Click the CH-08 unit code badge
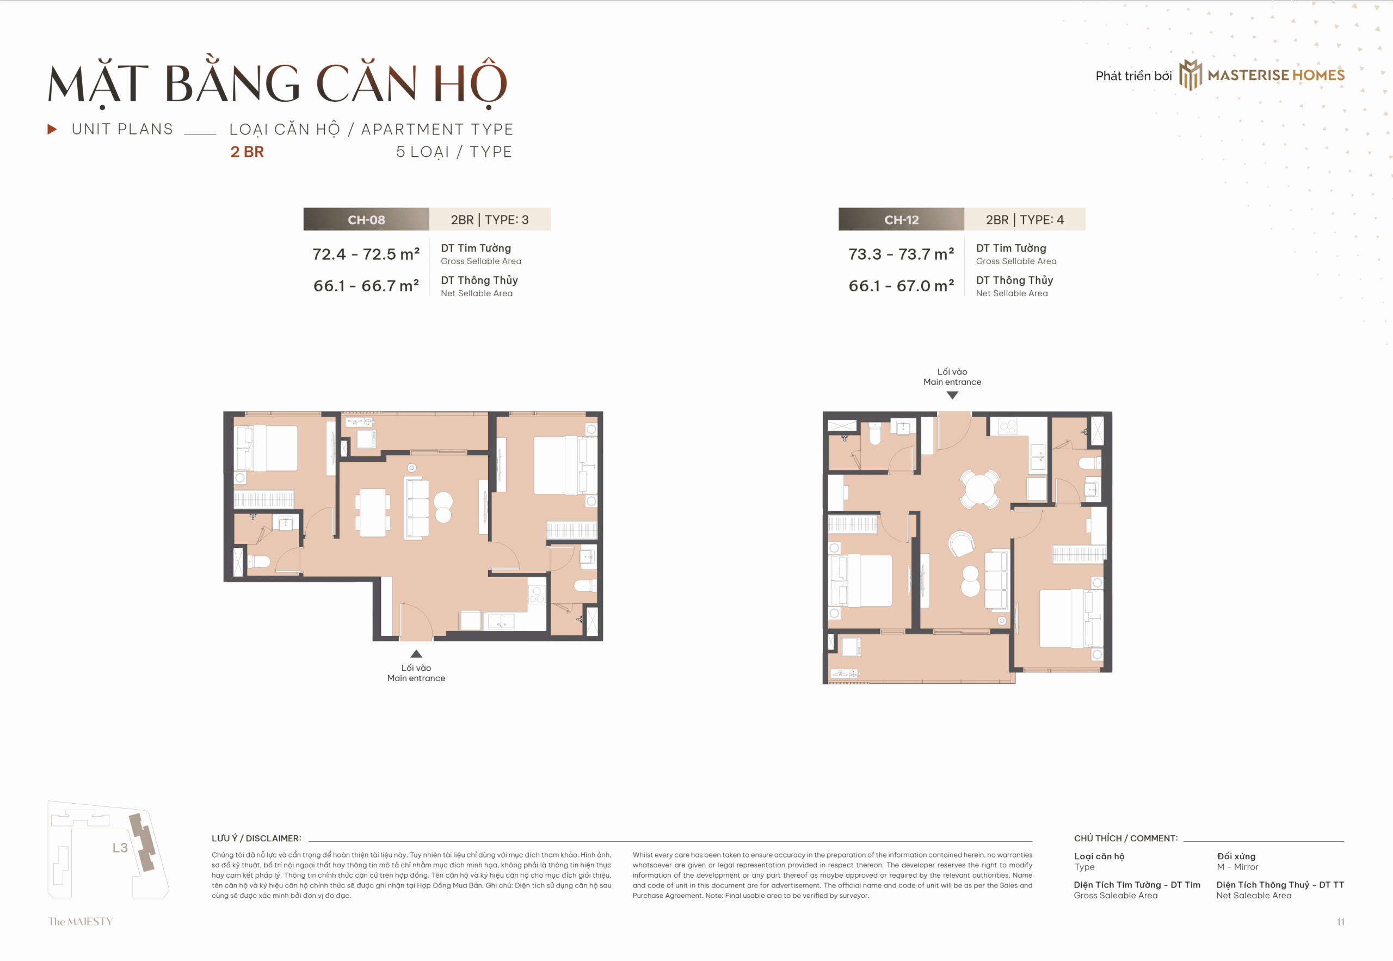point(366,219)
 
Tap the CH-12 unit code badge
point(902,219)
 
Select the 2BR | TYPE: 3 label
point(490,219)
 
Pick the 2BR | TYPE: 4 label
point(1025,219)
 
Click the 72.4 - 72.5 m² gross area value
point(366,254)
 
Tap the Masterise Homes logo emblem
point(1190,75)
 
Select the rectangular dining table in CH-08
point(373,512)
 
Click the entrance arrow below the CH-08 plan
point(416,653)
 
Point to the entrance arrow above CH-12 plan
point(952,395)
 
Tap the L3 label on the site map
point(120,848)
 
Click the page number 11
point(1340,922)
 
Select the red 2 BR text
point(246,152)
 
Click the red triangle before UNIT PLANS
point(52,129)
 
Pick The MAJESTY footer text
point(81,921)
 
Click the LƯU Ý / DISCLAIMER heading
point(256,838)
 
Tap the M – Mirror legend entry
point(1237,867)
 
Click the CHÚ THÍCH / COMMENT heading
point(1126,838)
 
